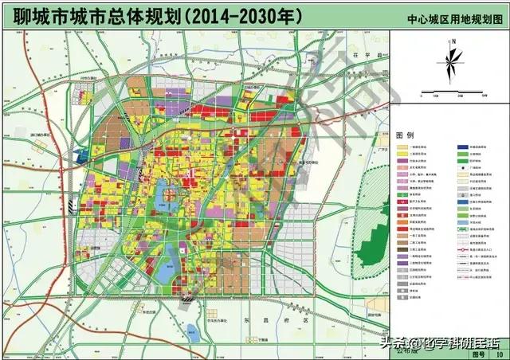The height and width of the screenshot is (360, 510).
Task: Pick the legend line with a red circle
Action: pyautogui.click(x=462, y=249)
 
